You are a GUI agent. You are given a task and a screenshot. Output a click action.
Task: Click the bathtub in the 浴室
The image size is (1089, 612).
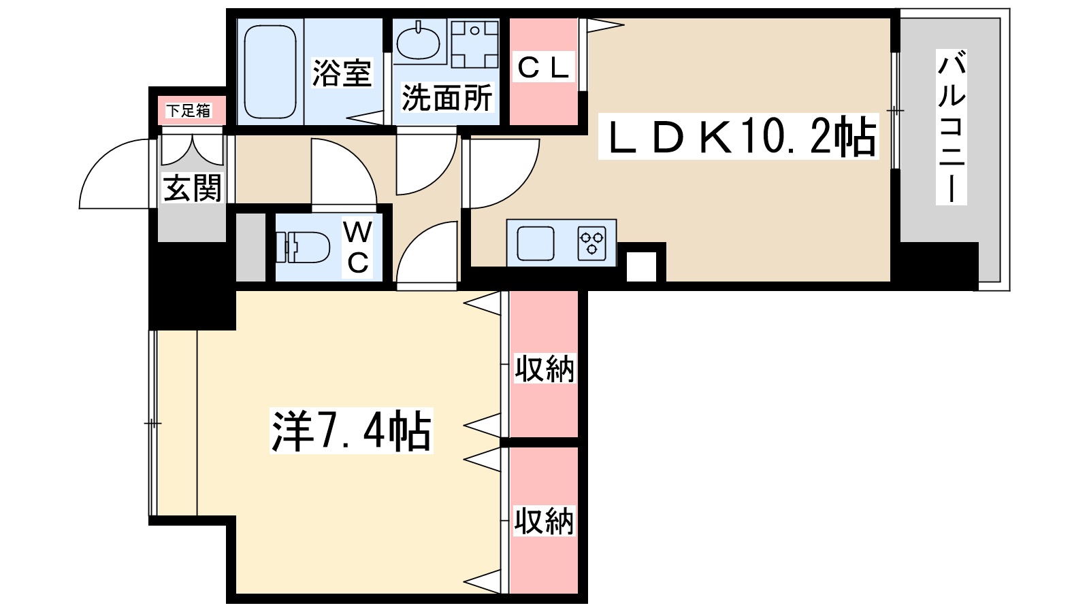pos(270,71)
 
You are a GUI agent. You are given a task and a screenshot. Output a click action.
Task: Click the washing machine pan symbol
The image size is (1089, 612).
pos(474,44)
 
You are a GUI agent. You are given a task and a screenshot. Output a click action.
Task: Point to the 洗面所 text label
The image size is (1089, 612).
pos(446,99)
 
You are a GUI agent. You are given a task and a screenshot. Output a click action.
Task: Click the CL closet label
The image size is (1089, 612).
pos(543,68)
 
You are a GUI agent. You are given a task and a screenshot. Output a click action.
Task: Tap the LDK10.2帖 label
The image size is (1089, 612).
pos(738,137)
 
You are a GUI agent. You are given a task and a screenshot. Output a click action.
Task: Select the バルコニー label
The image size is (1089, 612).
pos(951,127)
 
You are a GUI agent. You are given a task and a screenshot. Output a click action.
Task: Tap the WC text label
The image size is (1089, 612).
pos(357,247)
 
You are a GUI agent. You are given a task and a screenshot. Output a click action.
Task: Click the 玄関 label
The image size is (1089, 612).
pos(193,188)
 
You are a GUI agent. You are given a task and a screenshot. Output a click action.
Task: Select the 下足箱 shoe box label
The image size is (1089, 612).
pos(189,111)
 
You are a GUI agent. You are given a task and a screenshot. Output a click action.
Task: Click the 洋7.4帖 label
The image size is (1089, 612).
pos(351,431)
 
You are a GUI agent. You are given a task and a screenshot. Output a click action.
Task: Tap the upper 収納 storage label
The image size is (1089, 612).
pos(544,369)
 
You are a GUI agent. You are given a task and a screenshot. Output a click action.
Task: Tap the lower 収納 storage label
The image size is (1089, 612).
pos(544,521)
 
